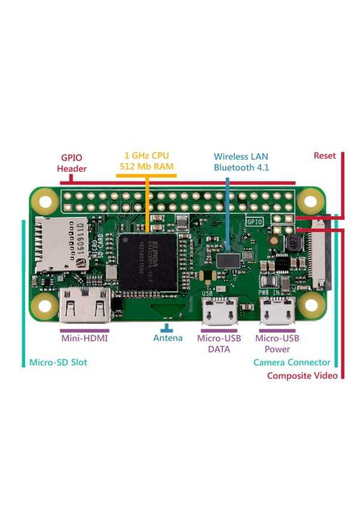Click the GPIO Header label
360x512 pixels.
tap(72, 163)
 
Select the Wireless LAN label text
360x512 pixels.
tap(241, 157)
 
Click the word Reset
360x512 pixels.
tap(325, 155)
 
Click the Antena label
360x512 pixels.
tap(168, 338)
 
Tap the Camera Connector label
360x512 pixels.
tap(292, 362)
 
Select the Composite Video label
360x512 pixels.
tap(302, 376)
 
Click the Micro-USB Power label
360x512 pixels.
tap(276, 344)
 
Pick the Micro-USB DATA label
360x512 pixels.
tap(218, 344)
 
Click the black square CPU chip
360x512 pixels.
tap(147, 261)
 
